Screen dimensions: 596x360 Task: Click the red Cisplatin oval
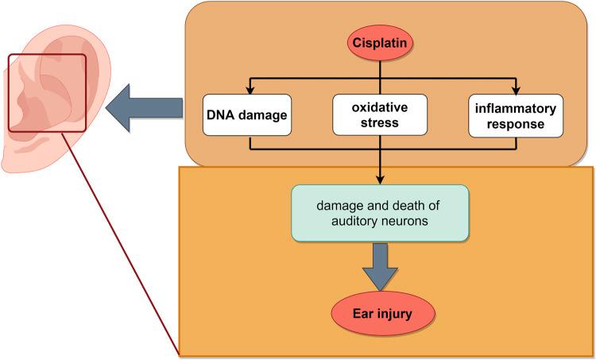click(380, 43)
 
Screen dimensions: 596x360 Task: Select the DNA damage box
click(247, 115)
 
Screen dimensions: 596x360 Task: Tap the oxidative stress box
click(380, 114)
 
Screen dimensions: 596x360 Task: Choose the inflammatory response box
click(516, 116)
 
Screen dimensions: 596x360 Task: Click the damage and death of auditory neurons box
click(380, 213)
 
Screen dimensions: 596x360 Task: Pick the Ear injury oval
click(383, 314)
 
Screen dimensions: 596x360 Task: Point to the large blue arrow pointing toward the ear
click(145, 108)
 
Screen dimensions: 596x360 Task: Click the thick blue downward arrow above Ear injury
click(380, 267)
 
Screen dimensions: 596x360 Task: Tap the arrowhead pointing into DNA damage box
click(250, 91)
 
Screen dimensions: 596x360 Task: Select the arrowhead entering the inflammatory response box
click(516, 91)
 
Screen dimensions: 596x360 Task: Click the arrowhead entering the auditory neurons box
click(380, 180)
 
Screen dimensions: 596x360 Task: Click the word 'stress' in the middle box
click(380, 123)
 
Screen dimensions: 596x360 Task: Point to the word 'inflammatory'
click(516, 109)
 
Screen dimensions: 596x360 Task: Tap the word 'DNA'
click(219, 115)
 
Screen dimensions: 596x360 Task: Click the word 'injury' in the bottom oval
click(395, 315)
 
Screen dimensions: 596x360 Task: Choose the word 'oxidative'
click(380, 107)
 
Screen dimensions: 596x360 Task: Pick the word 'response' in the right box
click(516, 125)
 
